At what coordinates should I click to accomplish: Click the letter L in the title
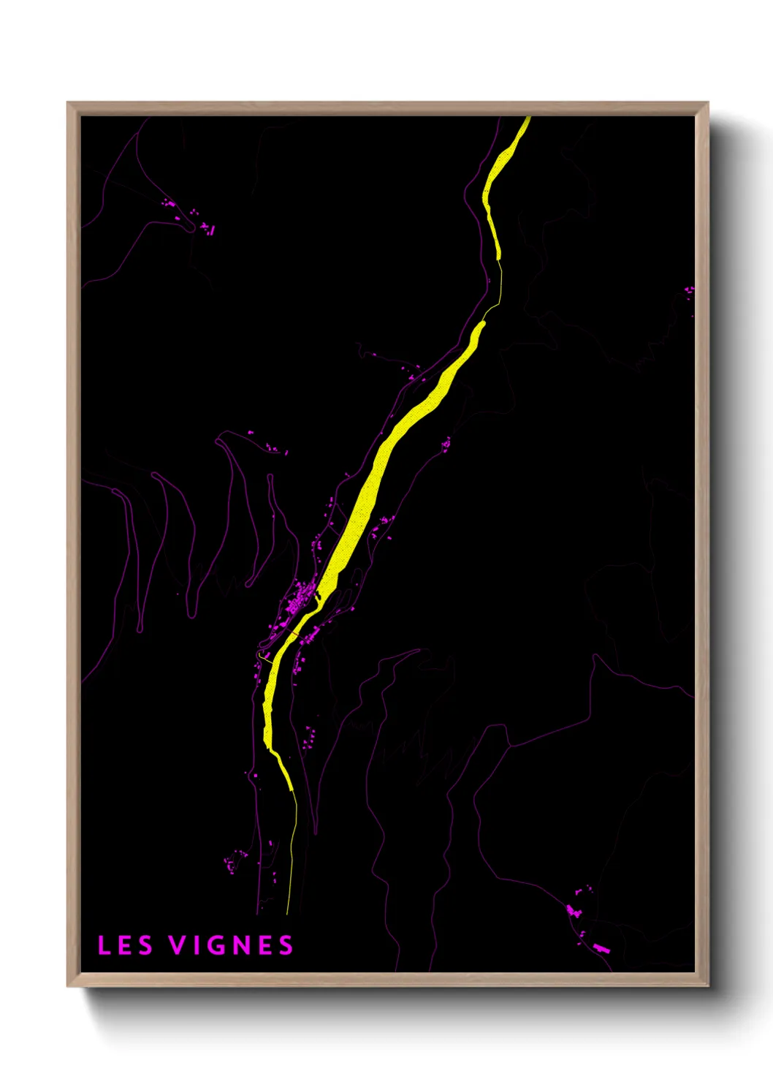click(x=104, y=945)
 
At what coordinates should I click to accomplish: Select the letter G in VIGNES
click(x=217, y=945)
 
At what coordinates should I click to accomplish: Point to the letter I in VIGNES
click(x=197, y=945)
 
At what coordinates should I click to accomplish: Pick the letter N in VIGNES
click(x=242, y=945)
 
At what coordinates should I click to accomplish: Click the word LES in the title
click(x=125, y=945)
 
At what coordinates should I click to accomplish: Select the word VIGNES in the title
click(x=232, y=945)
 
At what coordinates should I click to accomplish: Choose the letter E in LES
click(x=125, y=945)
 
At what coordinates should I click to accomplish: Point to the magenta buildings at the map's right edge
click(x=688, y=291)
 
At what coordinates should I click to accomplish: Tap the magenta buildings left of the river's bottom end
click(x=235, y=861)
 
